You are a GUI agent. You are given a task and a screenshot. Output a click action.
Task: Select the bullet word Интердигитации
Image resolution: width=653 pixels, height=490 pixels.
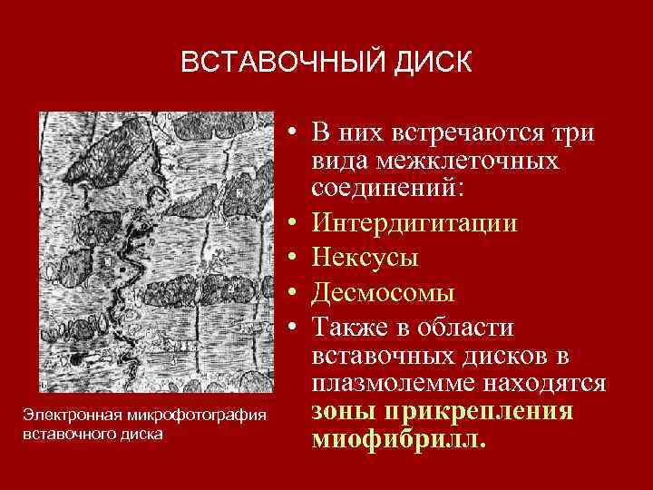click(x=414, y=223)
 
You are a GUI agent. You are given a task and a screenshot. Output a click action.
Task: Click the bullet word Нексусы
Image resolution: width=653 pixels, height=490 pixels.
click(x=365, y=258)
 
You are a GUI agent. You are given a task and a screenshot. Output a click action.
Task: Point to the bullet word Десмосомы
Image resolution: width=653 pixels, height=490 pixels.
click(x=383, y=292)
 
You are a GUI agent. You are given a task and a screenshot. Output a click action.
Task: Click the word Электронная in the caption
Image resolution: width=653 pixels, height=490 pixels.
click(x=70, y=416)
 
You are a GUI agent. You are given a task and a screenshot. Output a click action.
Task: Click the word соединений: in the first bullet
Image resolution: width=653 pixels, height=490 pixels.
click(x=388, y=191)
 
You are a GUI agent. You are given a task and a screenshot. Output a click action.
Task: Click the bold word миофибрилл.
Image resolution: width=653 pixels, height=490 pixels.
click(x=398, y=440)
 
